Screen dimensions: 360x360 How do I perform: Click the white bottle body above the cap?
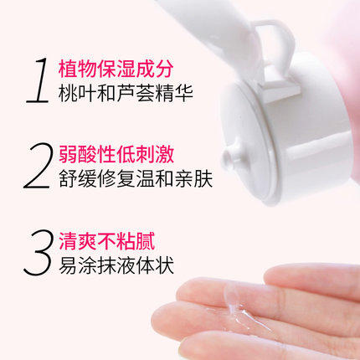[x=209, y=21]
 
